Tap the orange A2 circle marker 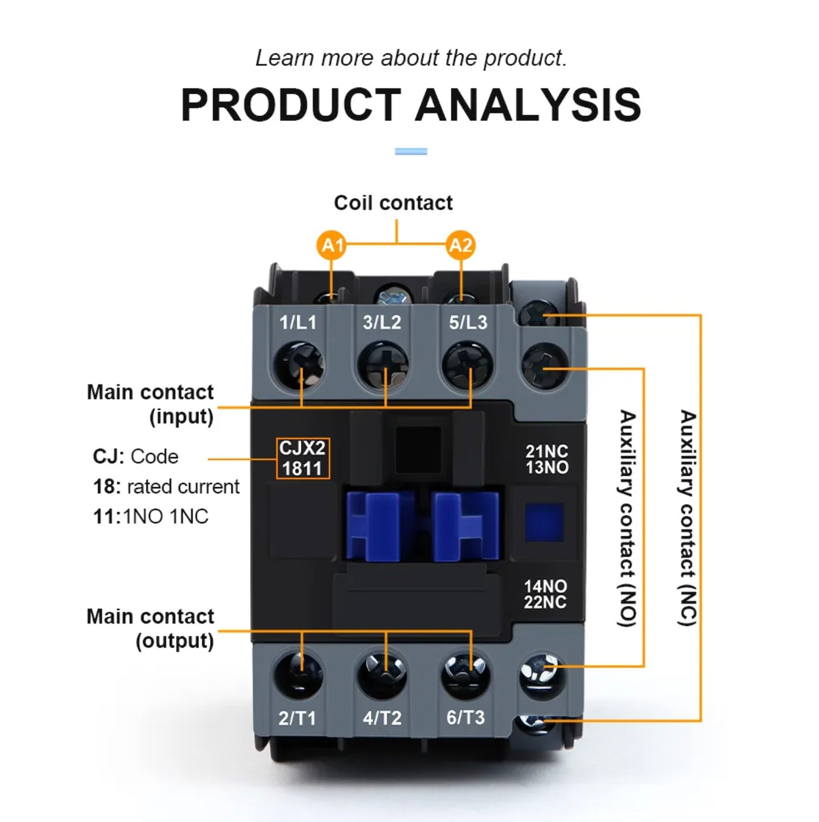pos(460,245)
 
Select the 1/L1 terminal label pos(298,322)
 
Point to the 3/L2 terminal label pos(382,322)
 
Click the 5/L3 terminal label pos(468,322)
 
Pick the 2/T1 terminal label pos(297,718)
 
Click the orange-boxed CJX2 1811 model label pos(303,458)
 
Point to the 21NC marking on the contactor pos(546,451)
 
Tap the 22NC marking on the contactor pos(545,602)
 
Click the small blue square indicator pos(544,522)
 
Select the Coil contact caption pos(393,203)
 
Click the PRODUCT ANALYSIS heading pos(410,105)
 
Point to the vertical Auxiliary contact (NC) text pos(688,517)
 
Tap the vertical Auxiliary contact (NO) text pos(627,517)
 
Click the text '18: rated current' pos(166,487)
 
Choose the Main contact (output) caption pos(151,629)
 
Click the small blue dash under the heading pos(411,151)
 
